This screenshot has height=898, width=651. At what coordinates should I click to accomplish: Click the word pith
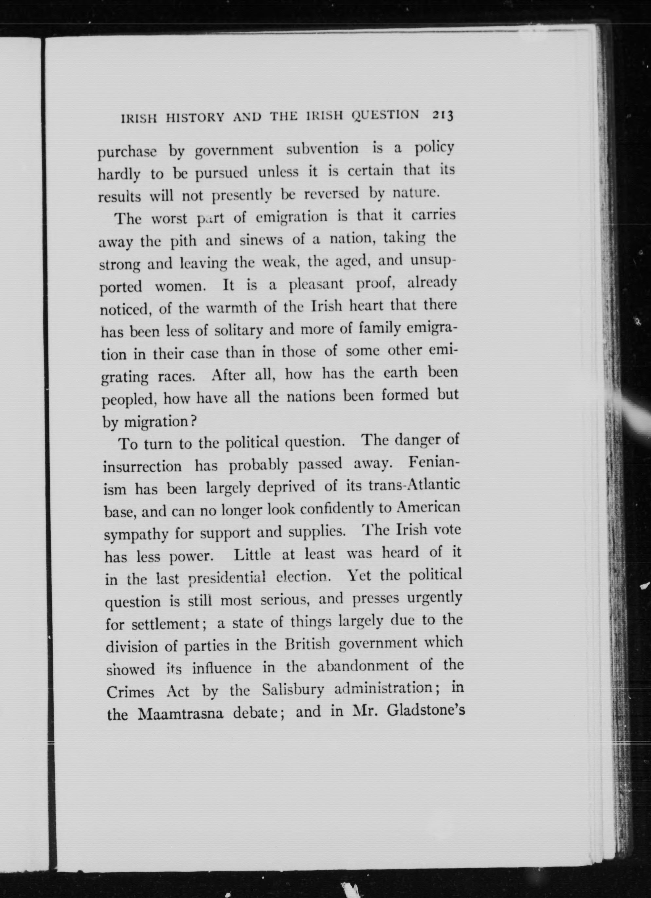coord(183,241)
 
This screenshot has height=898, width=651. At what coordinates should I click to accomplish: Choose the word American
coord(429,508)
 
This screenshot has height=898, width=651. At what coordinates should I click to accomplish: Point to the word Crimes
coord(130,692)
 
